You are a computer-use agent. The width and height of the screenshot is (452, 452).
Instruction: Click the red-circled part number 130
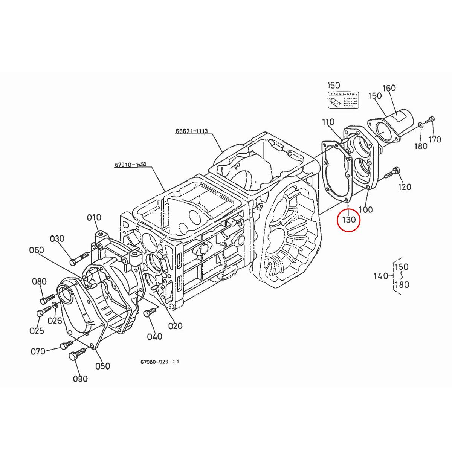point(348,219)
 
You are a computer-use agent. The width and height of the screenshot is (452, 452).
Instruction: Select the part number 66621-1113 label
point(191,131)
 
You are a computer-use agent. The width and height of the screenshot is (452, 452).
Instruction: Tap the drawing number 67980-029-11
point(160,362)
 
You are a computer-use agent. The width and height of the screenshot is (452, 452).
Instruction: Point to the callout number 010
point(94,217)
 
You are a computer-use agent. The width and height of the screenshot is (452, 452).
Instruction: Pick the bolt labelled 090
point(77,354)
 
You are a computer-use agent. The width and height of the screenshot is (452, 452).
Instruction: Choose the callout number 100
point(365,209)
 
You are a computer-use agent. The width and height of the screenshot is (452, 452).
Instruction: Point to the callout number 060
point(37,250)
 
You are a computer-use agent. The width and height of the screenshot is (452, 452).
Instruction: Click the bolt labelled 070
point(66,345)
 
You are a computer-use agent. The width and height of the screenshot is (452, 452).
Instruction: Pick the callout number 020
point(175,326)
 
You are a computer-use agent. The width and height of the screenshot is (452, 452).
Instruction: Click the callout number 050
point(103,366)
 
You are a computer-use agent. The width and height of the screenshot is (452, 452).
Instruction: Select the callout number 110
point(328,122)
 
